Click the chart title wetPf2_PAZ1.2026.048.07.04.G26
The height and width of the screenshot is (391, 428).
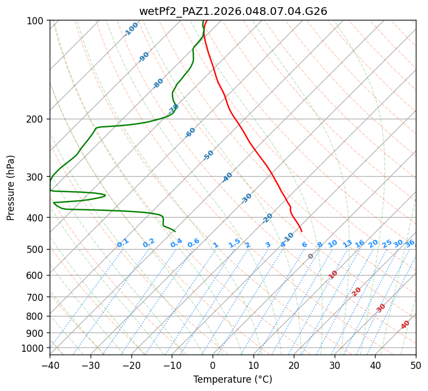click(233, 11)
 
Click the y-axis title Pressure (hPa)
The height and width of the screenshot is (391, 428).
click(11, 187)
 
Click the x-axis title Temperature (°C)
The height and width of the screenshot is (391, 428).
click(233, 380)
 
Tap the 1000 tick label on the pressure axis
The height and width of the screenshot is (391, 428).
click(34, 348)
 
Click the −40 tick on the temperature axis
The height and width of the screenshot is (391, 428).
click(50, 366)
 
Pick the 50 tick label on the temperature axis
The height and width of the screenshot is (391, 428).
click(416, 366)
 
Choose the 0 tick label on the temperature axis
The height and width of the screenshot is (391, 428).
click(213, 366)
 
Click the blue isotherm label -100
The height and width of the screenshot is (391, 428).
click(131, 29)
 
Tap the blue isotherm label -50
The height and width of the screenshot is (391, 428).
click(208, 155)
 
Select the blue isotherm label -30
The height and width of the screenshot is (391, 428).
click(247, 198)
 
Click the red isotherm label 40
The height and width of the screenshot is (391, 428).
click(405, 325)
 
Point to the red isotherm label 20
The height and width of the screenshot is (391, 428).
click(357, 291)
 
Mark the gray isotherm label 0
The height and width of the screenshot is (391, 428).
click(311, 256)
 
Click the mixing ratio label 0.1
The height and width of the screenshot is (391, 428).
click(123, 242)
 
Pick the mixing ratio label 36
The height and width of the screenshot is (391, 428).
click(410, 243)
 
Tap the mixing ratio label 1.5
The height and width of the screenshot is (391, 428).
click(235, 242)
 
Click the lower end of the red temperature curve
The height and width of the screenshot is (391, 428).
click(302, 231)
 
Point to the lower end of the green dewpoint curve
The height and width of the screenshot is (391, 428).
click(175, 231)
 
